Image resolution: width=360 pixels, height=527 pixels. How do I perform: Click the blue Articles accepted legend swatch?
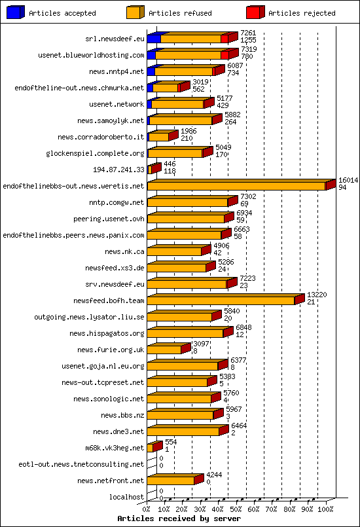coord(16,12)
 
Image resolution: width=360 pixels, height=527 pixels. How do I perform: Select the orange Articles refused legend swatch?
coord(135,12)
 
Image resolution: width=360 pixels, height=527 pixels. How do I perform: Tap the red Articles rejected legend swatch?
coord(255,12)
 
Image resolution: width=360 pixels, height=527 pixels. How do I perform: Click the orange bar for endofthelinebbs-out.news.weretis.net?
coord(236,187)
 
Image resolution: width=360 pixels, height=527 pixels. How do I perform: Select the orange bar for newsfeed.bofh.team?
coord(221,300)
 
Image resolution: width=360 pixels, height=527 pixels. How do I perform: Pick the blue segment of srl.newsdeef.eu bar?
coord(153,39)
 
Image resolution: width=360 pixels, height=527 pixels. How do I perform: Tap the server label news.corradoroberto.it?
coord(101,137)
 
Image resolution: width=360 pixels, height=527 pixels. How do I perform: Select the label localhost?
coord(126,497)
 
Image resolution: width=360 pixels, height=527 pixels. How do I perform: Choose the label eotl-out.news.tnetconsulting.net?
coord(81,464)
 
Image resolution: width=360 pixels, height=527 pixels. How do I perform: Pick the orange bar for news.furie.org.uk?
coord(164,350)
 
